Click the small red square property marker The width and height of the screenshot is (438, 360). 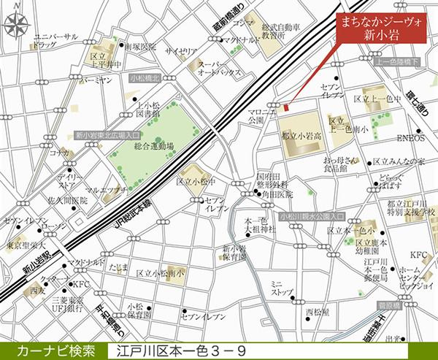pos(287,108)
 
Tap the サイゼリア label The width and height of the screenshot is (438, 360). pos(178,51)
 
